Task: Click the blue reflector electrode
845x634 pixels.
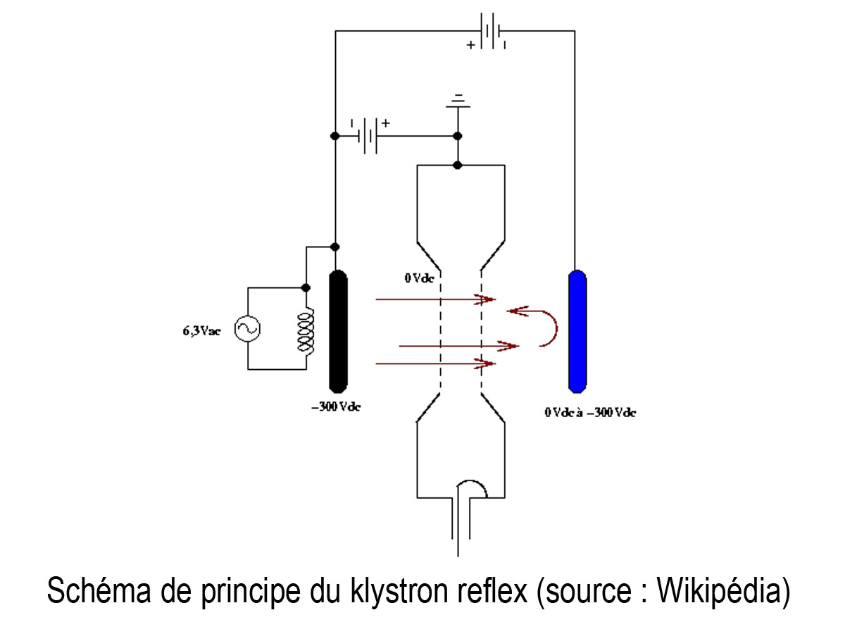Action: coord(577,330)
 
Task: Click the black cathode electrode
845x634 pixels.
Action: coord(339,330)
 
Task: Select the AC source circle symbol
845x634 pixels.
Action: coord(248,328)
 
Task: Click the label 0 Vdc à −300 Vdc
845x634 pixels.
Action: coord(590,412)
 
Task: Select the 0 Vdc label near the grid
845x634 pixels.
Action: coord(419,278)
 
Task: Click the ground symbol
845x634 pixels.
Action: coord(458,102)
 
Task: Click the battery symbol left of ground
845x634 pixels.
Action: coord(368,135)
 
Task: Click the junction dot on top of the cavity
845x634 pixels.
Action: coord(458,166)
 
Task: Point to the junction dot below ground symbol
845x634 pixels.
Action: coord(458,135)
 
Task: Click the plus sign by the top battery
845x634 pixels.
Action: coord(471,46)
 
